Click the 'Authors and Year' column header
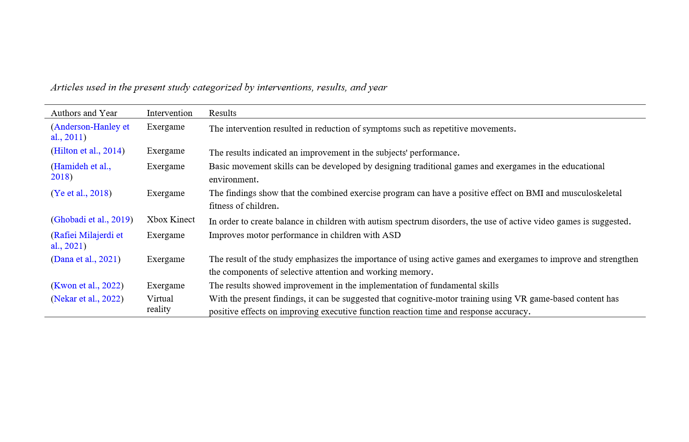click(x=84, y=113)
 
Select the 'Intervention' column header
click(x=169, y=113)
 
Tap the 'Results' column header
click(x=223, y=113)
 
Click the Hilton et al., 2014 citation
click(x=87, y=151)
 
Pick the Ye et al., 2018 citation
click(x=81, y=193)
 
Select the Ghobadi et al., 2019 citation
click(x=92, y=220)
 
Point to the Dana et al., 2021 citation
click(x=85, y=259)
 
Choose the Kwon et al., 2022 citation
click(x=87, y=286)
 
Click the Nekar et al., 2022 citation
click(x=87, y=299)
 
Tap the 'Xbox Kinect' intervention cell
click(x=171, y=220)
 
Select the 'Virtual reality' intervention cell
click(x=160, y=304)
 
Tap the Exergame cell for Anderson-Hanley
click(x=166, y=127)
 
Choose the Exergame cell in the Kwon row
click(x=166, y=286)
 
